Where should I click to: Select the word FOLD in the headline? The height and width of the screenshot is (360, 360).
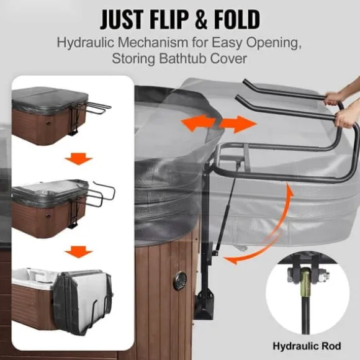[237, 19]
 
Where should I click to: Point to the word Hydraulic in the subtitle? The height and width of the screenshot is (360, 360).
[86, 42]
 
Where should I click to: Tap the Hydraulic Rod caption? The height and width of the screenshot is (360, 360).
[307, 346]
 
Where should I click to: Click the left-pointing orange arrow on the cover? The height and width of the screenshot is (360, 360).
[198, 123]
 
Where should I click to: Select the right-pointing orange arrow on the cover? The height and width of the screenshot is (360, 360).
[238, 124]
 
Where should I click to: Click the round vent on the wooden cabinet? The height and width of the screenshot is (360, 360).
[180, 280]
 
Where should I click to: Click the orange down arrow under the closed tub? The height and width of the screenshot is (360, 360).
[79, 159]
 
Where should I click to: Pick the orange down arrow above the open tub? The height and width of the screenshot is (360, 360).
[79, 252]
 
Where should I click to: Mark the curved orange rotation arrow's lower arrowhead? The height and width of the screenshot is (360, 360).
[230, 260]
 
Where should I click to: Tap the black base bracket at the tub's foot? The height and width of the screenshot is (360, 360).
[204, 303]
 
